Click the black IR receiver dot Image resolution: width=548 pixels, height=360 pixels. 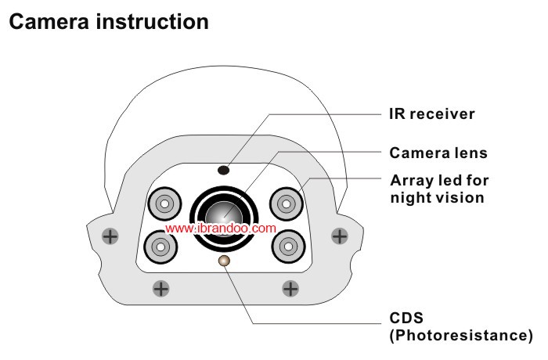tap(223, 168)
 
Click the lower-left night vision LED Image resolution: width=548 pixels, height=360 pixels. tap(160, 246)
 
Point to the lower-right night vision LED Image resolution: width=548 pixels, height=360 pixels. tap(287, 245)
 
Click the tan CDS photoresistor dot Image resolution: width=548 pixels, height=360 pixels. tap(224, 260)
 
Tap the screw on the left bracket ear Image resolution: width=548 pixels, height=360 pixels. tap(112, 235)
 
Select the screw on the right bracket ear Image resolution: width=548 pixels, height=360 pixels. tap(339, 234)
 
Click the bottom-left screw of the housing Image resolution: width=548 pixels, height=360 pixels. tap(161, 288)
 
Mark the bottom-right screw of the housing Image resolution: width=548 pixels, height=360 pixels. tap(290, 288)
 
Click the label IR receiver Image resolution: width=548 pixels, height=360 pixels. tap(432, 113)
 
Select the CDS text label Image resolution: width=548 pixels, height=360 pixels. tap(406, 320)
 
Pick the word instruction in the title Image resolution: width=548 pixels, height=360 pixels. tap(157, 22)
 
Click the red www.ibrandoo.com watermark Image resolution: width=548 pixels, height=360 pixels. tap(221, 229)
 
